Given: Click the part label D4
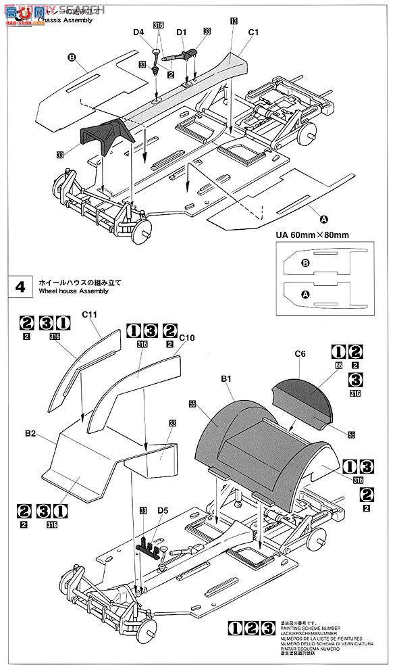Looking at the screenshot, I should point(138,32).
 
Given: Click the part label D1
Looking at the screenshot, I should point(181,32).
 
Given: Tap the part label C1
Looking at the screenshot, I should point(254,32).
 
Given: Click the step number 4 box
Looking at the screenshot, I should point(20,287).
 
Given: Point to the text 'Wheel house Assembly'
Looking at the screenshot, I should point(74,292).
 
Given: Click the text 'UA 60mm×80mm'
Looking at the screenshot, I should point(312,235).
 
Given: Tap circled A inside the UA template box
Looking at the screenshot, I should point(304,295).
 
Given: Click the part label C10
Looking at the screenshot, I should point(188,337).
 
